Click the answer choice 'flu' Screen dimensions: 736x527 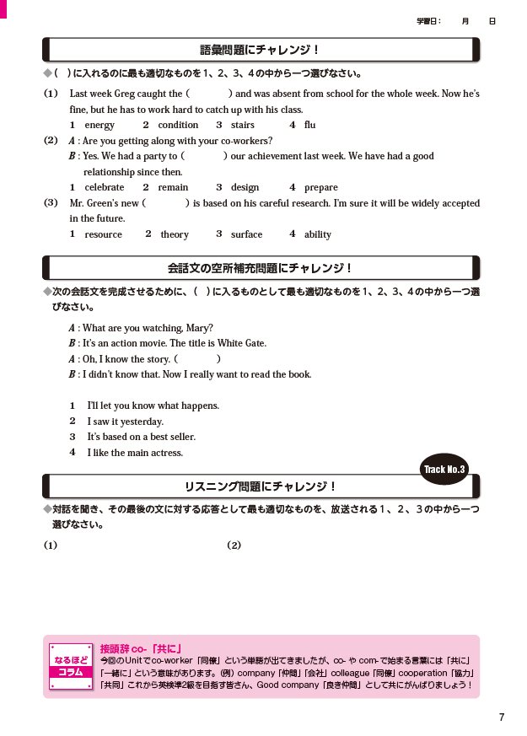coord(309,125)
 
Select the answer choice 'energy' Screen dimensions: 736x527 coord(99,125)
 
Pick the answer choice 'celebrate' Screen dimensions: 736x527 coord(104,187)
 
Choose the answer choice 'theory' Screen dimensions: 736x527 coord(175,234)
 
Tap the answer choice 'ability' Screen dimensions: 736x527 coord(318,234)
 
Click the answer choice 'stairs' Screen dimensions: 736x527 coord(243,125)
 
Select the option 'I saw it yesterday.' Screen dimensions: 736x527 coord(125,422)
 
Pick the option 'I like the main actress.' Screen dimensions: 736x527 coord(135,453)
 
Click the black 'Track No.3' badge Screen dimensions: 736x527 coord(444,469)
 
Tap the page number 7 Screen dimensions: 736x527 coord(502,717)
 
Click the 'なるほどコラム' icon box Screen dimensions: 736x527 coord(70,666)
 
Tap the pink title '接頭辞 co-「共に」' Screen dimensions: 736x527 coord(141,648)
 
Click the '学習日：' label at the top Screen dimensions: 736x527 coord(429,20)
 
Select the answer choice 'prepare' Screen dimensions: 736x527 coord(320,187)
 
